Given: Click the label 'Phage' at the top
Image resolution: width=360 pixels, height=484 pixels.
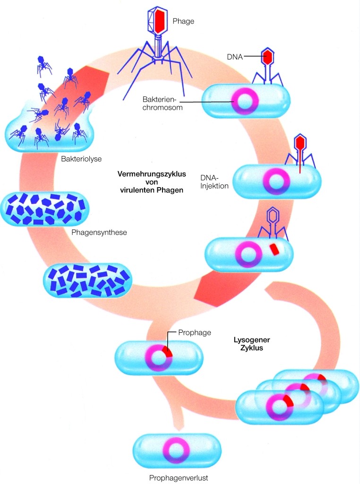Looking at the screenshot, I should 183,21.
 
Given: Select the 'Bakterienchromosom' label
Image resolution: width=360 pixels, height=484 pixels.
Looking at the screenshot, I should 163,104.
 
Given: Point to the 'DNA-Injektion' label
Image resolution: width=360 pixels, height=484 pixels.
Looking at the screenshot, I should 214,181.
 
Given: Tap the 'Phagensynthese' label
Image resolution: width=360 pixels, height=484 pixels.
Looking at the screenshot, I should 99,233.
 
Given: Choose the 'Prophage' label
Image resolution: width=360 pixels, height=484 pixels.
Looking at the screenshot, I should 194,333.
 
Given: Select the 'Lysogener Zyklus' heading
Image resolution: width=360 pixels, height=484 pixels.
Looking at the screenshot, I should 249,344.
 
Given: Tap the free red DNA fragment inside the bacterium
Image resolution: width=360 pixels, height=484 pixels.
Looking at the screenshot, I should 274,249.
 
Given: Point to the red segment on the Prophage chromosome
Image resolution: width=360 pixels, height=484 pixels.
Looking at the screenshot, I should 167,352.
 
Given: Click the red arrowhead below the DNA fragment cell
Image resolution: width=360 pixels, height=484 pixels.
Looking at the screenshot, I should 211,288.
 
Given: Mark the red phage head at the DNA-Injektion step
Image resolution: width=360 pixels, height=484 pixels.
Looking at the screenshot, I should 299,142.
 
